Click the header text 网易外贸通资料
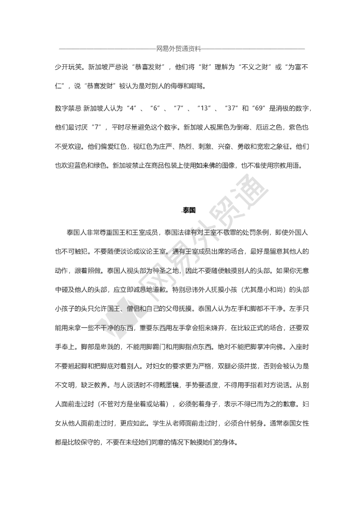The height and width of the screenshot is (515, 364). (178, 49)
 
